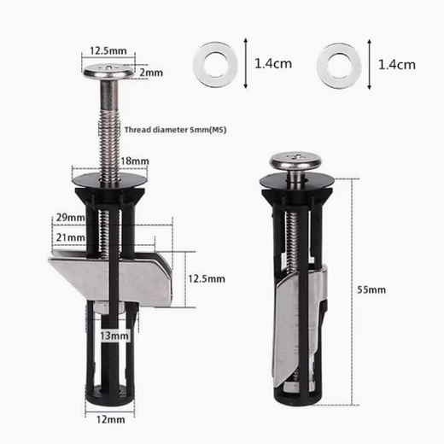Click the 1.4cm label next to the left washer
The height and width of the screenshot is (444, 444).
(273, 63)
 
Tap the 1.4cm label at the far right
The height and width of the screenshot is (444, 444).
(396, 63)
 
